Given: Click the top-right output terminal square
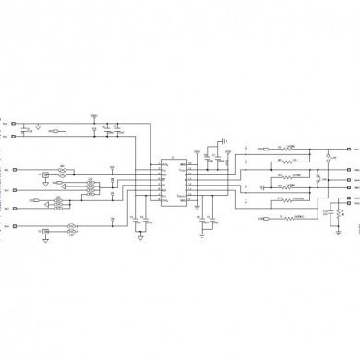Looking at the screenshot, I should point(348,148).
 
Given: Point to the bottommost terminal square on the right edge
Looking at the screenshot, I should point(348,195).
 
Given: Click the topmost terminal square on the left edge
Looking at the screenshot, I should point(11,123).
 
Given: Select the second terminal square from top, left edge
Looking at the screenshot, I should point(11,136).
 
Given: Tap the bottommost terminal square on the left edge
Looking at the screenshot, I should point(11,223).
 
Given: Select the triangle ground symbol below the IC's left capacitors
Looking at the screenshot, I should point(139,234).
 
